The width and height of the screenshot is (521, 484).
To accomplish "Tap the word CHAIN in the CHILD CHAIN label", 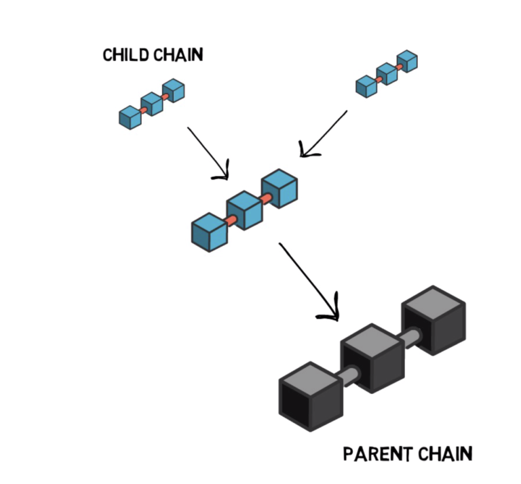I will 177,56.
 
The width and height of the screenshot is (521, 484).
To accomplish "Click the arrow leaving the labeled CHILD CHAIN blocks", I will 206,150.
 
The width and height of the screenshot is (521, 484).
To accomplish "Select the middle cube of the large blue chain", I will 245,211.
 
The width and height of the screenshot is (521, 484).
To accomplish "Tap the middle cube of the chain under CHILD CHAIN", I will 152,104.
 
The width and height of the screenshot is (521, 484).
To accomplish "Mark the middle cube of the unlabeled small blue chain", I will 387,74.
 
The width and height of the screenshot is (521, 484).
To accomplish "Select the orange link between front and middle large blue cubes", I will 230,220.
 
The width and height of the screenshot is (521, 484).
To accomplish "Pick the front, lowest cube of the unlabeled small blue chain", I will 366,86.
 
